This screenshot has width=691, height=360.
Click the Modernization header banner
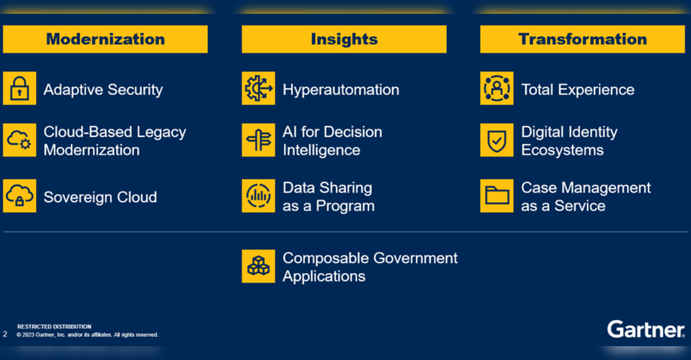[x=105, y=39]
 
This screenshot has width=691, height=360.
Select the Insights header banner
[x=344, y=39]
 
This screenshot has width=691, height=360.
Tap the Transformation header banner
[x=582, y=39]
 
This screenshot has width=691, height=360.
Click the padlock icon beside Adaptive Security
[x=20, y=88]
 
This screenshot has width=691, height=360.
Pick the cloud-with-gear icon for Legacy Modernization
[x=20, y=140]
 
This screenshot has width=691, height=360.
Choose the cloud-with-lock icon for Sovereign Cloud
[x=20, y=196]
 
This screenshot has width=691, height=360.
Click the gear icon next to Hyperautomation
[x=259, y=88]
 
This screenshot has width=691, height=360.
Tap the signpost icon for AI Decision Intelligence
[x=259, y=140]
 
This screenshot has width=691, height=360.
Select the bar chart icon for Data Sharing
[x=259, y=196]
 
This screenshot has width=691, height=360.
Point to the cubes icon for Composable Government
[x=259, y=266]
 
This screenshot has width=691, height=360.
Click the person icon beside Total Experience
[x=496, y=88]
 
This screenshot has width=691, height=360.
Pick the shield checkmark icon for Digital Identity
[x=496, y=140]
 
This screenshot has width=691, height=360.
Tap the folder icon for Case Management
[x=496, y=196]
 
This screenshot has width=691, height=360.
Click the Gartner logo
[x=646, y=329]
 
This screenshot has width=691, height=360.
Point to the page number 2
[x=5, y=334]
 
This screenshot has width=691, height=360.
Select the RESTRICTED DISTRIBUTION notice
[x=54, y=327]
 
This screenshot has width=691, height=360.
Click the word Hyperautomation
[x=341, y=90]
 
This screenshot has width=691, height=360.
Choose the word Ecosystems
[x=563, y=150]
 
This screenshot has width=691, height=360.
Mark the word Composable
[x=326, y=258]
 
